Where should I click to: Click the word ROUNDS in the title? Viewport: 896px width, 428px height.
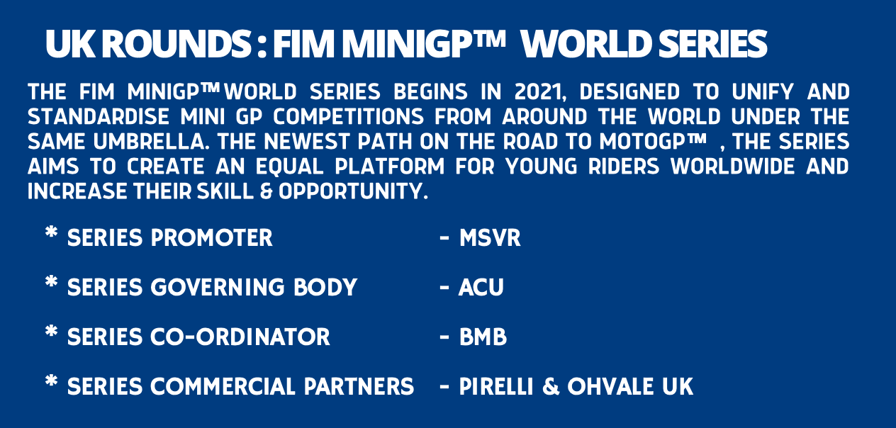pos(176,44)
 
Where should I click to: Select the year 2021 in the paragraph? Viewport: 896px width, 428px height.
pos(540,92)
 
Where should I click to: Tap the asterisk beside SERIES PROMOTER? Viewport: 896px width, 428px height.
pos(51,232)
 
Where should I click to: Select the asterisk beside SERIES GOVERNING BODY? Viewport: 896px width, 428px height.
pos(51,281)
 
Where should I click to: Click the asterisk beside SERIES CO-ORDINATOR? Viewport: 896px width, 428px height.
pos(51,331)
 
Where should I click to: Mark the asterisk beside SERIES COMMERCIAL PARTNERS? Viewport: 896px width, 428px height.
pos(51,381)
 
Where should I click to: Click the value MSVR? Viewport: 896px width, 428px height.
pos(490,238)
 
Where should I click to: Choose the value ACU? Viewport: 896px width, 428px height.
pos(481,287)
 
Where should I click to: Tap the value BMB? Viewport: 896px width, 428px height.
pos(483,337)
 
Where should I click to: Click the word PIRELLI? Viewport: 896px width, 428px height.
pos(496,386)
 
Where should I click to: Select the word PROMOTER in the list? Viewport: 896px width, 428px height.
pos(212,238)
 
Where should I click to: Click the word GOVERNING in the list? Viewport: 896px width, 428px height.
pos(218,287)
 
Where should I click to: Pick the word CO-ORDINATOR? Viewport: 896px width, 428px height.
pos(240,337)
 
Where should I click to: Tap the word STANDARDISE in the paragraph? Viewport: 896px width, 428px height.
pos(99,117)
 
